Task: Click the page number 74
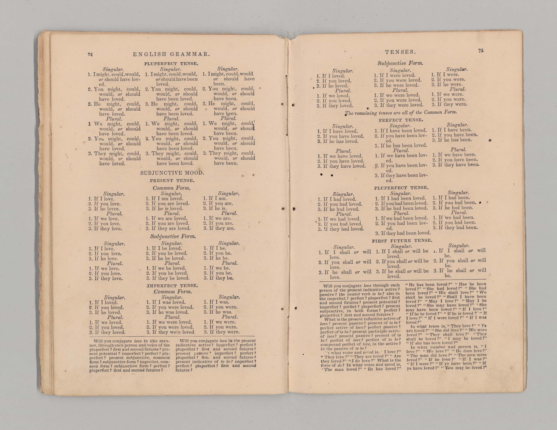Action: coord(90,54)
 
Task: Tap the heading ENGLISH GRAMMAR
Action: coord(171,54)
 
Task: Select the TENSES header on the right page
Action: coord(400,52)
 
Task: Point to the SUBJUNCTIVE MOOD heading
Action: coord(172,173)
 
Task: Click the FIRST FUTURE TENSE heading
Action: coord(402,241)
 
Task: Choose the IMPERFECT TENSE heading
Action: coord(172,286)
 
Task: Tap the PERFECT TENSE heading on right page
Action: coord(401,120)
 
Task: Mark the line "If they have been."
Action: coord(459,165)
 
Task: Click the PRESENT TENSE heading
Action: coord(172,181)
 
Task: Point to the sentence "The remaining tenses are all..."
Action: coord(401,113)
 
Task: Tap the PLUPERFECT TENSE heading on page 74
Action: coord(171,64)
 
